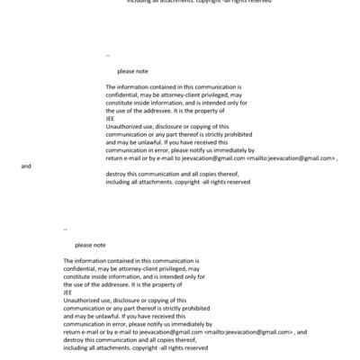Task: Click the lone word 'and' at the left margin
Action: click(25, 166)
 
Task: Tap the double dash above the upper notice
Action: click(108, 56)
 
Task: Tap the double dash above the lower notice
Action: click(66, 230)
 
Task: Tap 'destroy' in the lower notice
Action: click(74, 339)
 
